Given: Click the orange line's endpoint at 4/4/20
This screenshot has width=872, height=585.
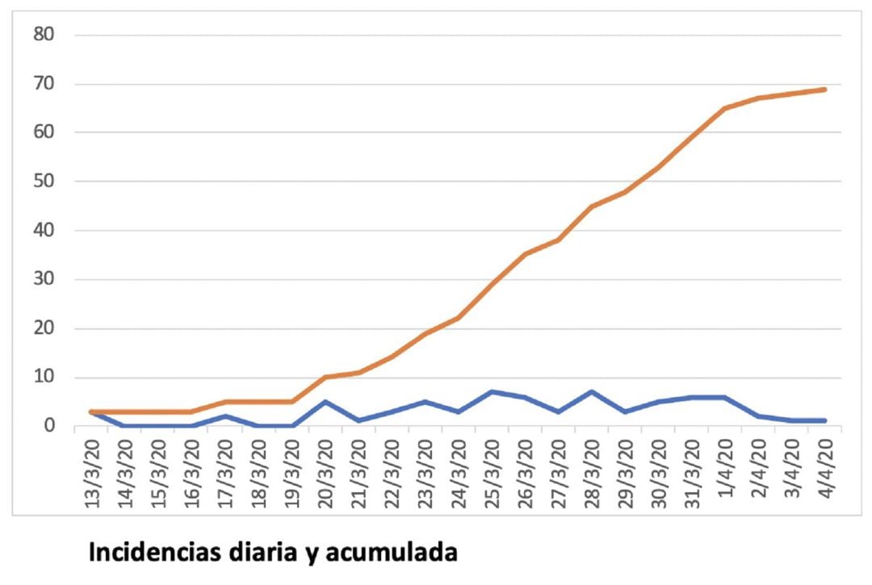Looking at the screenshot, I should click(x=824, y=89).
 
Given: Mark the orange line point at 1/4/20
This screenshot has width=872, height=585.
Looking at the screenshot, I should click(x=724, y=108).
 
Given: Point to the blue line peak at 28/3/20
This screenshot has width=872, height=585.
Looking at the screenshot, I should click(x=592, y=392).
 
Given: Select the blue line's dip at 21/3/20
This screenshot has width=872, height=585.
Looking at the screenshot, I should click(x=358, y=421).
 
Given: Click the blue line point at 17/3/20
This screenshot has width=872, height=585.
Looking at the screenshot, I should click(x=226, y=416).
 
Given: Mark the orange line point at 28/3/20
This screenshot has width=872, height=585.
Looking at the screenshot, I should click(x=592, y=206).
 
